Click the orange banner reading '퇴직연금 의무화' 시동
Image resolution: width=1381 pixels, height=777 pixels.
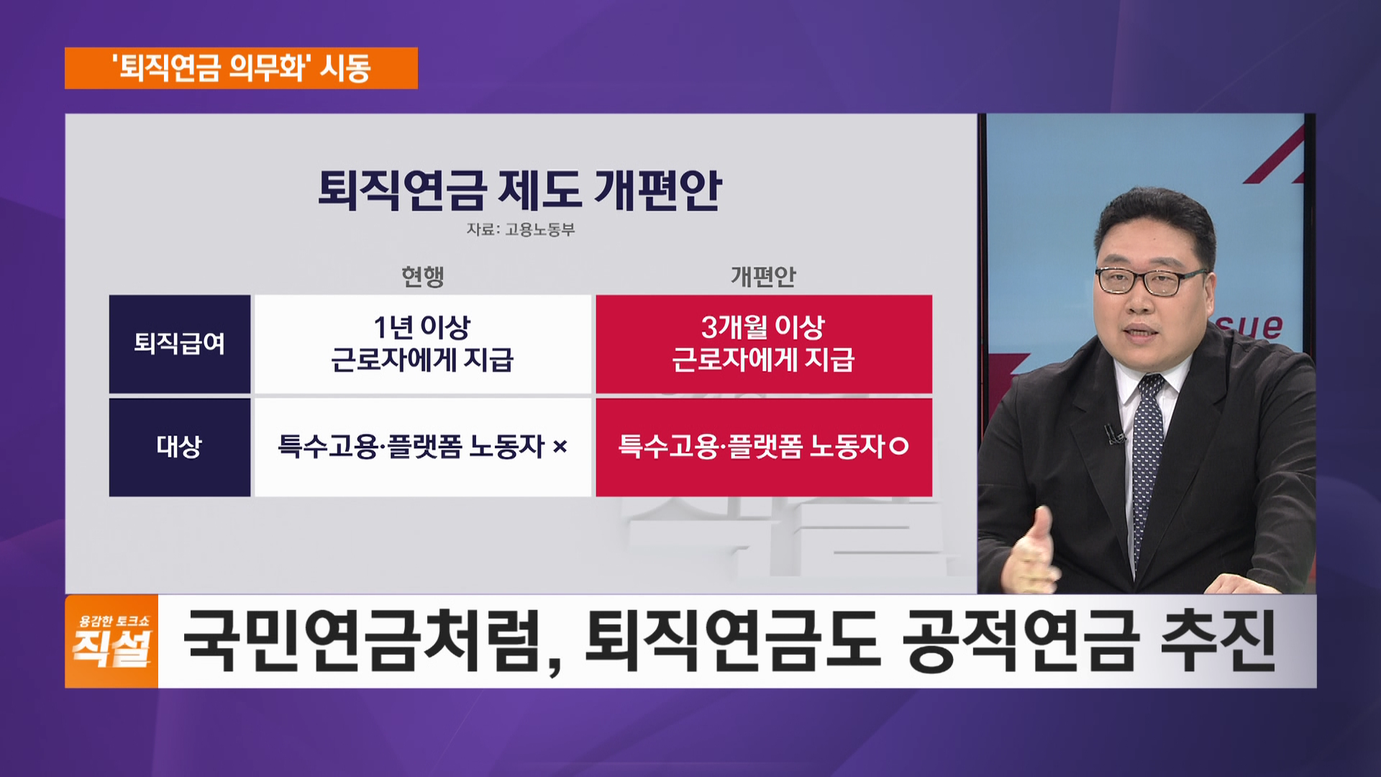[x=241, y=68]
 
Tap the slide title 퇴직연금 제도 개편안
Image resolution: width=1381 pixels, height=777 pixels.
[x=520, y=190]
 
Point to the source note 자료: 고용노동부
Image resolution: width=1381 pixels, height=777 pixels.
[x=521, y=230]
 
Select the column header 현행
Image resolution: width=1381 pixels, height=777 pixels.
[x=423, y=276]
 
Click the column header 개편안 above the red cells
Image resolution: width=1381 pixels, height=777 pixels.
[x=763, y=276]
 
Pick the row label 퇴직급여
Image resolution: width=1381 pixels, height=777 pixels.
[x=180, y=344]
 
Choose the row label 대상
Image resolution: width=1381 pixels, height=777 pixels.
[x=180, y=447]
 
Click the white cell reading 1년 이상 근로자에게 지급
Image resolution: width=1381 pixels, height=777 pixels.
[x=423, y=344]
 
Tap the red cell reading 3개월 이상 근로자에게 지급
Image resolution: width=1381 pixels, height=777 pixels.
[x=764, y=344]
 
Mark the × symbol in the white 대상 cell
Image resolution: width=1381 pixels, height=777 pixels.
[x=560, y=447]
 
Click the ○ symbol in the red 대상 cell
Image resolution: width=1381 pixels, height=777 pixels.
[x=899, y=447]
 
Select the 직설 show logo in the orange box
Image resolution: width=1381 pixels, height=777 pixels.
[x=111, y=641]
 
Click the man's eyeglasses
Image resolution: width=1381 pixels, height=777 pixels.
[x=1149, y=281]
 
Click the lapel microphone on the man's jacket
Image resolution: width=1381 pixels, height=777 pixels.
[x=1114, y=434]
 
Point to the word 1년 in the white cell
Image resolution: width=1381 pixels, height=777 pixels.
[x=394, y=328]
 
